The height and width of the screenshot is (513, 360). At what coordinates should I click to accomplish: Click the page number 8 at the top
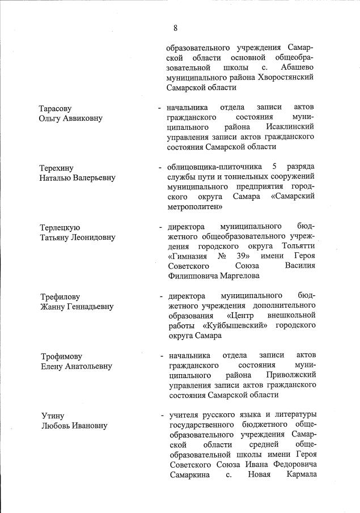click(x=176, y=28)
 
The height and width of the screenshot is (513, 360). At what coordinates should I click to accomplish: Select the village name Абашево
click(x=295, y=67)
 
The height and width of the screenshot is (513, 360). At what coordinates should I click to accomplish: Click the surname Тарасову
click(x=56, y=108)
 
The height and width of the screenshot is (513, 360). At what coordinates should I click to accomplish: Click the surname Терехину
click(x=57, y=168)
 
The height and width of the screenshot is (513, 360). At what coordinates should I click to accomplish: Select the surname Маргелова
click(x=234, y=276)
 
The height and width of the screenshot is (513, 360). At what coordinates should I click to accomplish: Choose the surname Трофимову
click(x=61, y=357)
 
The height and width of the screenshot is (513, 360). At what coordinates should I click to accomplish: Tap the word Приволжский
click(x=287, y=375)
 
